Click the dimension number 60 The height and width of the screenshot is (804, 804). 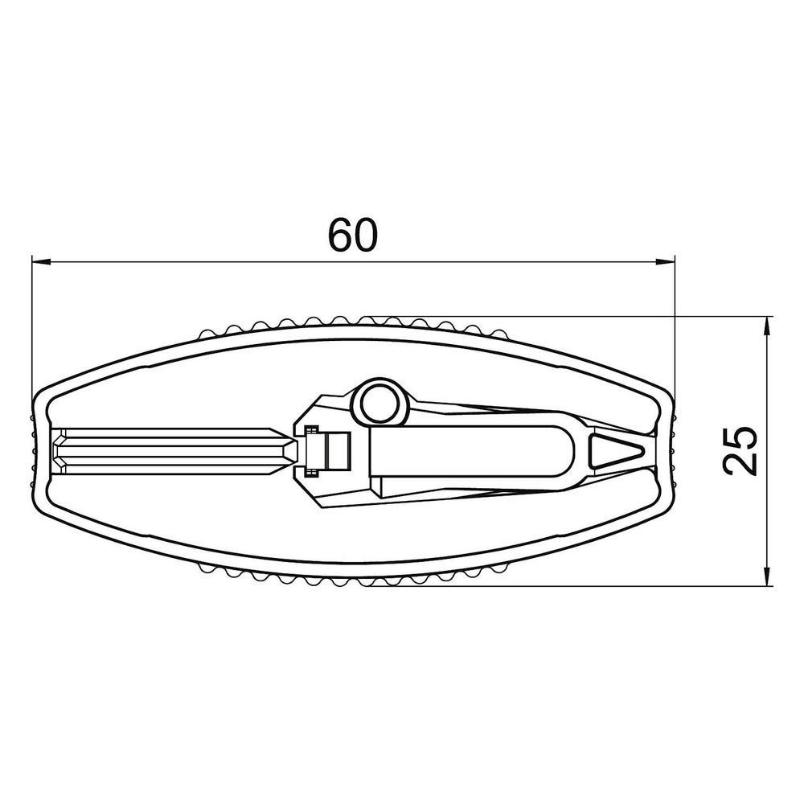353,236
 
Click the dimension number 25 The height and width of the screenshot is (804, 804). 740,451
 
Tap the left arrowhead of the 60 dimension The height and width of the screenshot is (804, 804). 41,262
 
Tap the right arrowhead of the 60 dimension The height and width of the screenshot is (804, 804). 665,262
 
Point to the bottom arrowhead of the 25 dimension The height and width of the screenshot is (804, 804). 767,576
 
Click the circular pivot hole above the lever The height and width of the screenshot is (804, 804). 380,403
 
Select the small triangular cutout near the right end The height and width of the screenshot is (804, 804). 614,451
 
